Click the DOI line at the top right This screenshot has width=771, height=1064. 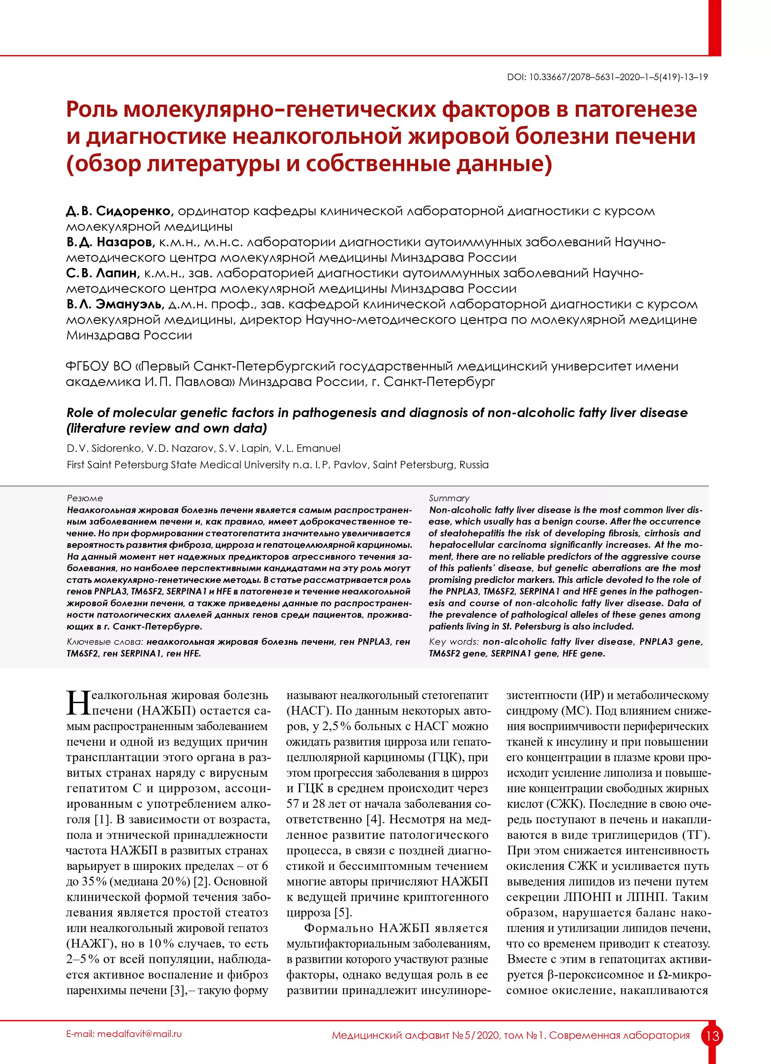coord(607,77)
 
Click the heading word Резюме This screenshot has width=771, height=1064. coord(85,498)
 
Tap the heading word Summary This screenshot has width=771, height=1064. coord(449,498)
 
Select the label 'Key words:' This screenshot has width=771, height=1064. coord(454,642)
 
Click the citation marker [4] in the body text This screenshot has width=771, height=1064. coord(373,820)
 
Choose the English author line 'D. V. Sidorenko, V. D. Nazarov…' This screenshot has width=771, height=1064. coord(203,448)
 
